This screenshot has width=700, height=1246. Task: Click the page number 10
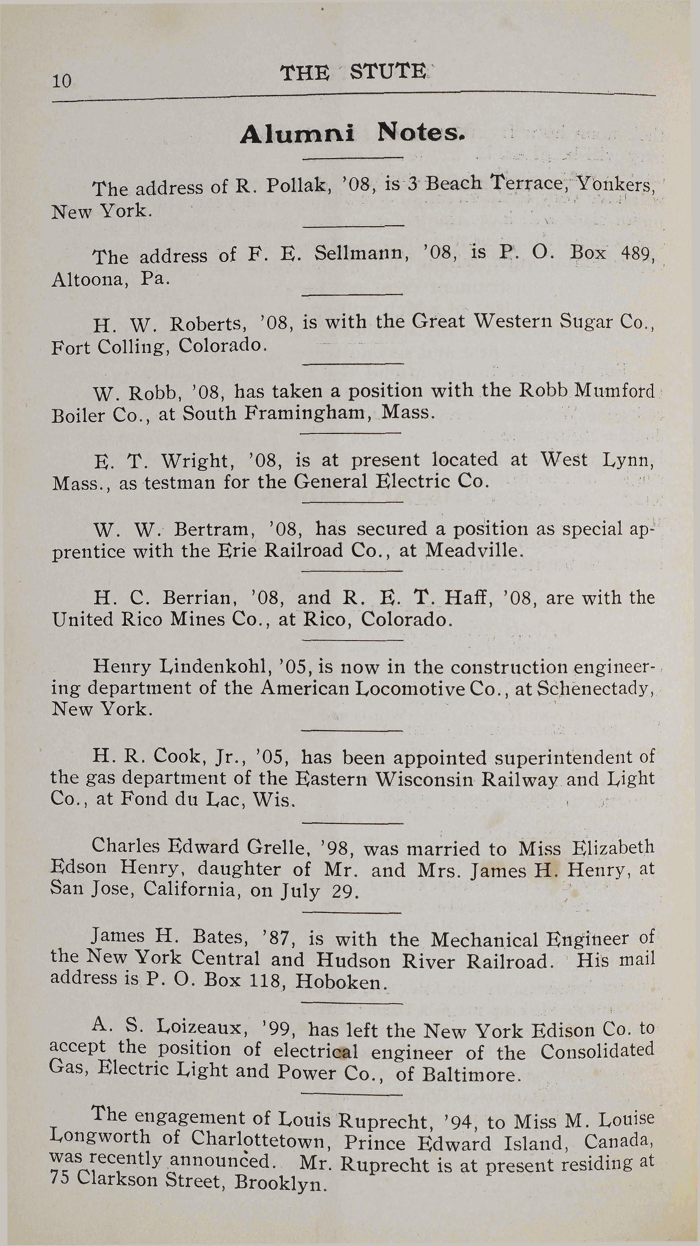tap(62, 81)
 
